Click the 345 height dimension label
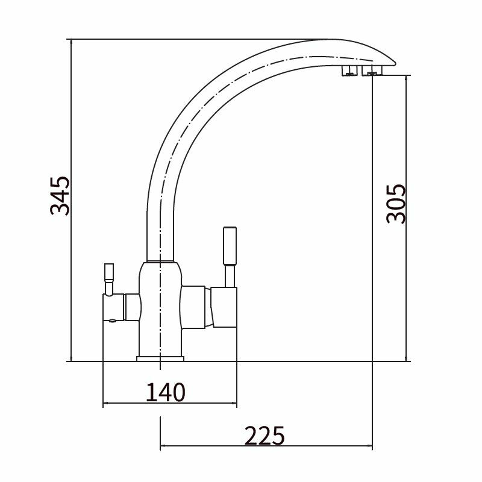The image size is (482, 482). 60,195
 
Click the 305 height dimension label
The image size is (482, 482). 396,204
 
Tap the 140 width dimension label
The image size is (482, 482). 165,392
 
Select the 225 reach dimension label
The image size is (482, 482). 264,436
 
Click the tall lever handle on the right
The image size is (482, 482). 230,246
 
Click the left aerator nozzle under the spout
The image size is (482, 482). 349,70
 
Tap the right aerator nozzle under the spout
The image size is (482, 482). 372,70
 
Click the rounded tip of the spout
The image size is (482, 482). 393,63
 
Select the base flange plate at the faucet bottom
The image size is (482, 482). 160,358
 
